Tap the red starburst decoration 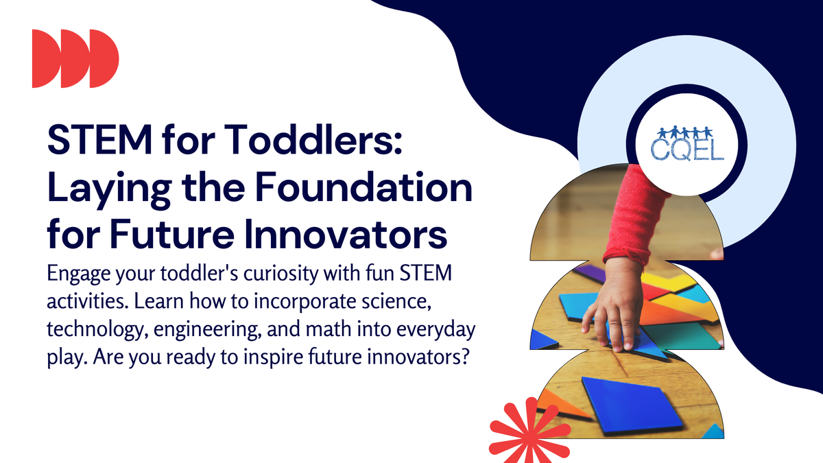(521, 429)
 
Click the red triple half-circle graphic (75, 58)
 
